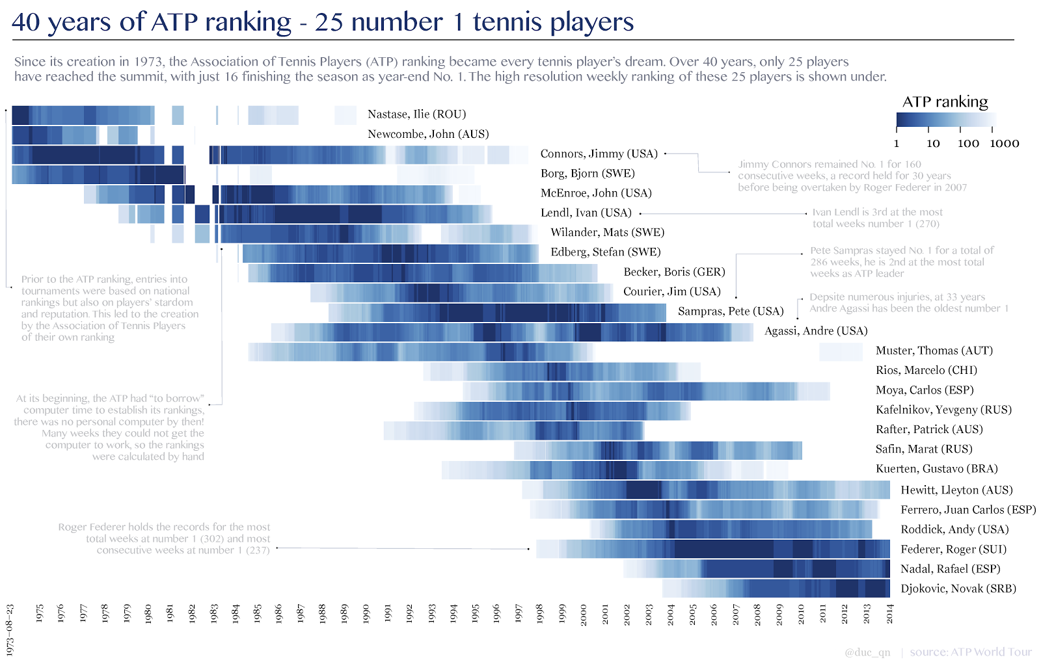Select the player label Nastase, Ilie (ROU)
click(x=416, y=114)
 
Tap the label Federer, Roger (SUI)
click(x=953, y=550)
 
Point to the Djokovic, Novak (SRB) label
click(x=958, y=589)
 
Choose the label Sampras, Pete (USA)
click(x=730, y=312)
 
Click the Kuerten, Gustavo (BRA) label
click(x=936, y=469)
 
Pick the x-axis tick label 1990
click(x=366, y=614)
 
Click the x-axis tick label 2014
click(x=889, y=614)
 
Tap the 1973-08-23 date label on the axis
click(x=10, y=630)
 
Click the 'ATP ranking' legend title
click(x=945, y=102)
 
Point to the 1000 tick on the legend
click(x=1004, y=144)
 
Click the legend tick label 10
click(x=933, y=144)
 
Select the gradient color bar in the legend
click(x=945, y=120)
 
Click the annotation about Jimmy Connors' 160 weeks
click(x=852, y=176)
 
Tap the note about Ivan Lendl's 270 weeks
click(x=876, y=218)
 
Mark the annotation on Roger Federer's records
click(x=164, y=538)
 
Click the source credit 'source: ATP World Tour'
click(x=971, y=652)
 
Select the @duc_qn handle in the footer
click(x=867, y=652)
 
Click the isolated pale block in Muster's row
click(x=841, y=351)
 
